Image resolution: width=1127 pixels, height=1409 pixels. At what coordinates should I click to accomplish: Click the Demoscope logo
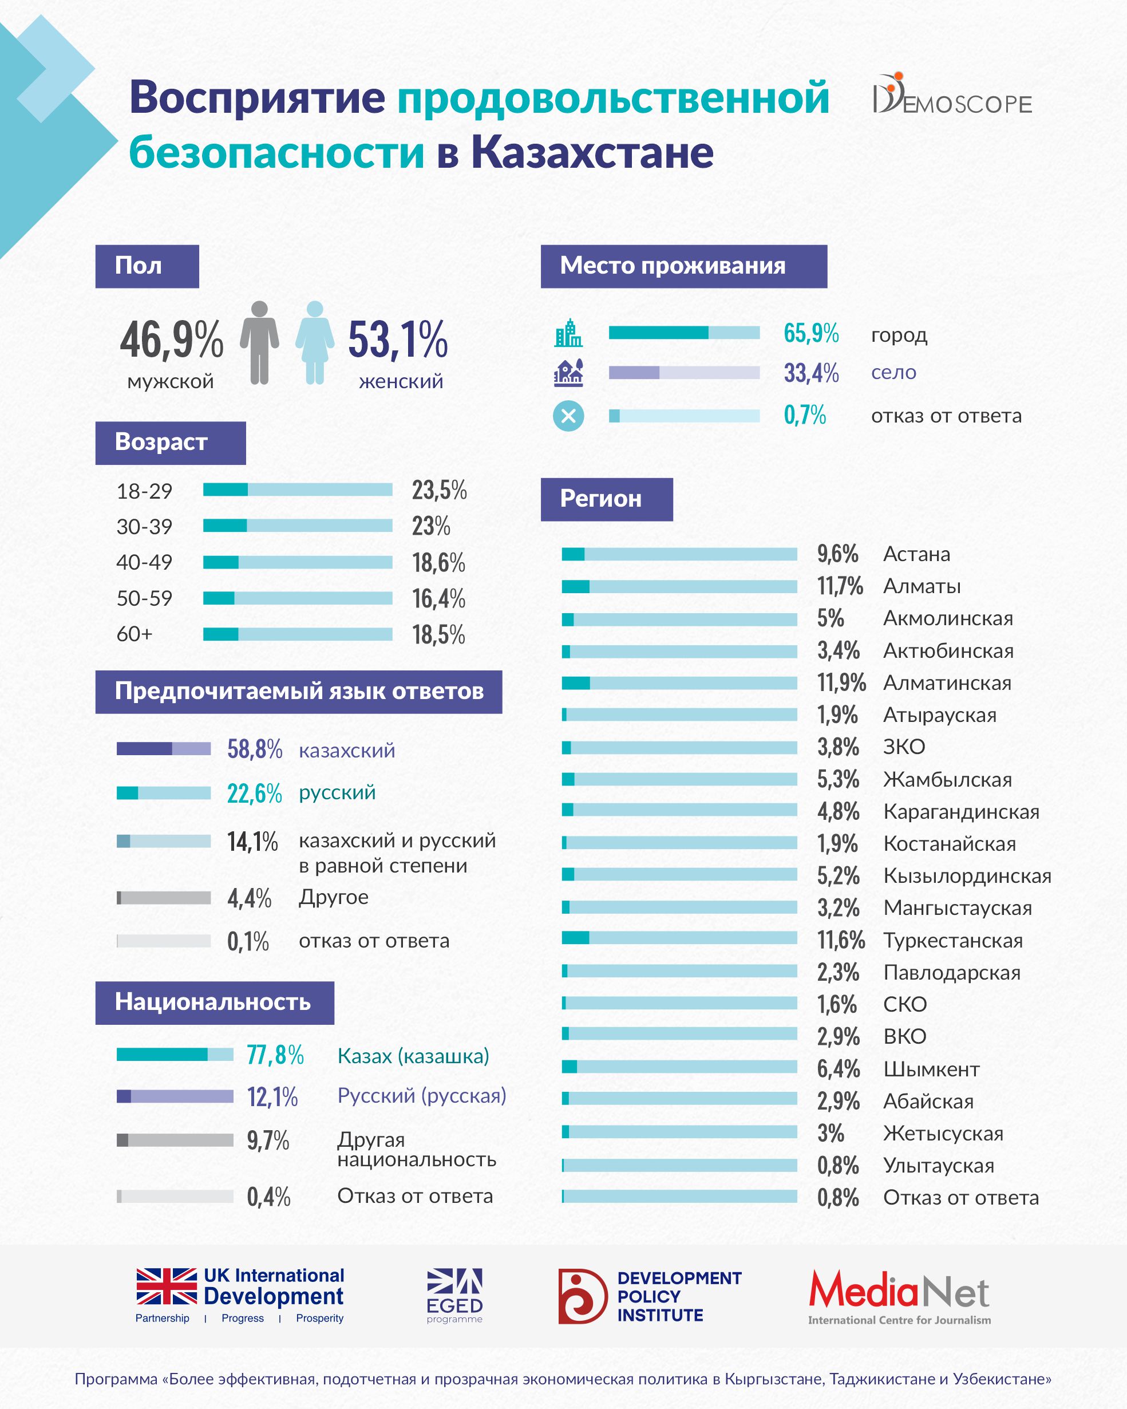952,96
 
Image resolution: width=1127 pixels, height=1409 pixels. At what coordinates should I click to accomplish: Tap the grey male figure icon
259,342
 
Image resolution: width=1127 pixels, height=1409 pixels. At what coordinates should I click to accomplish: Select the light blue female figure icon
315,342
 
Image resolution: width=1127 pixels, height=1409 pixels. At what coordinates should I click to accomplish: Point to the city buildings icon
568,333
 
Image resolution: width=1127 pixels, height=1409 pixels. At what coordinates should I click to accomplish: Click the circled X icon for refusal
568,416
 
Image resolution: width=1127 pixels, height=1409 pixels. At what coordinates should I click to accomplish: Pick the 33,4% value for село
811,373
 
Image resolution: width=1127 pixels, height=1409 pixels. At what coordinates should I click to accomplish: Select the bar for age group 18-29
297,490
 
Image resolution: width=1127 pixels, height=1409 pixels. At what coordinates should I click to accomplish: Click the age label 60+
135,634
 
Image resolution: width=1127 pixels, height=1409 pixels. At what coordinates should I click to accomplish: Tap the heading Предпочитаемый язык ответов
299,692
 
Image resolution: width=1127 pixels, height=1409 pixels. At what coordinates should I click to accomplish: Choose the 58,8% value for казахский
254,749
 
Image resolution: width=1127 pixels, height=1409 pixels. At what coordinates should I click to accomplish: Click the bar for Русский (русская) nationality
175,1096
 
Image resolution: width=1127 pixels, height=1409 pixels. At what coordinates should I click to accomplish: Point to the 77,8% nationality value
275,1055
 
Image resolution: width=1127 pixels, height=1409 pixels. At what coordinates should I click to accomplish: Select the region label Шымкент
931,1069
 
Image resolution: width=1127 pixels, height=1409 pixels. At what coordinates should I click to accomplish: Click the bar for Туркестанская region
679,938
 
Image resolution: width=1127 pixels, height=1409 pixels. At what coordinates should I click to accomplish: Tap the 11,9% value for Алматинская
841,683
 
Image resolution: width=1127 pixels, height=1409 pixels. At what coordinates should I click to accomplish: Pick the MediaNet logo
899,1297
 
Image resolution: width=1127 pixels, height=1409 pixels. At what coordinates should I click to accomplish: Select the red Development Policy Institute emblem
582,1297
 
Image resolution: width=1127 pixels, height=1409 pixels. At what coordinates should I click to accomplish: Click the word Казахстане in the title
592,152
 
